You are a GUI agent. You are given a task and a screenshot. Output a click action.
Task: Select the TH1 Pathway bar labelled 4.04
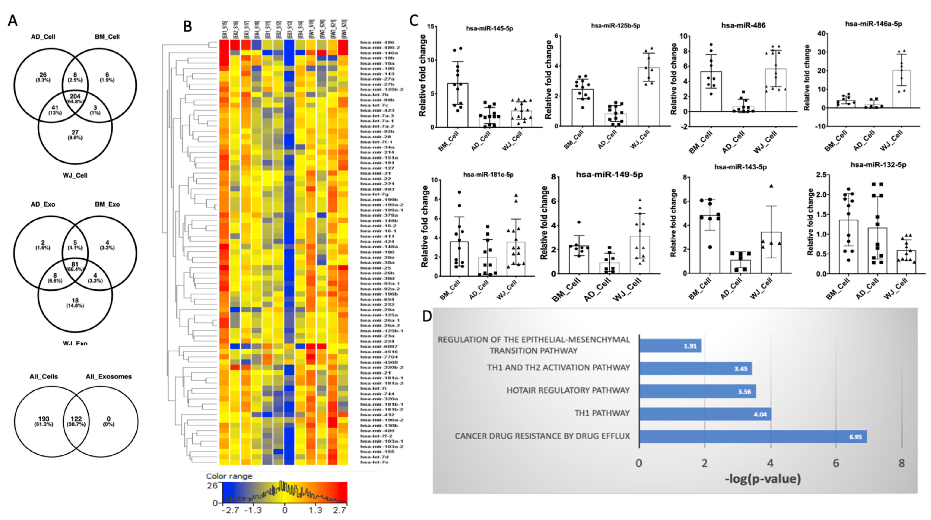point(705,414)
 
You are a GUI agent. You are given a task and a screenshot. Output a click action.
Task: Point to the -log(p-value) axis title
point(763,479)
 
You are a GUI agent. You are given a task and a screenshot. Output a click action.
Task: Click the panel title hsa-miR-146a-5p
point(873,24)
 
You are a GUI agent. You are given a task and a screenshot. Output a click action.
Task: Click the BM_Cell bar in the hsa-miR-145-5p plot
point(458,105)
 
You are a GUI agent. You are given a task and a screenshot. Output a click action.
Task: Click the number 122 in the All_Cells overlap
point(75,419)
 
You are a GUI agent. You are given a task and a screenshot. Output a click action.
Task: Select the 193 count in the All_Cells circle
point(44,419)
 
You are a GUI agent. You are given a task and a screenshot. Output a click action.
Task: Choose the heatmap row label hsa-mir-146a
point(377,53)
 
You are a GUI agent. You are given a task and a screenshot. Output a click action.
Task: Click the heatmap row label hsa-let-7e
point(374,462)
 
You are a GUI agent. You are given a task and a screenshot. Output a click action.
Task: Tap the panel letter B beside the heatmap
point(187,26)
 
